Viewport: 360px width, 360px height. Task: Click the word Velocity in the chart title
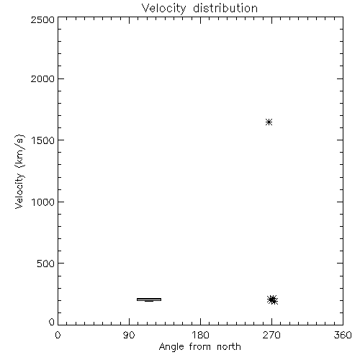163,9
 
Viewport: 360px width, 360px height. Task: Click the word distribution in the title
225,8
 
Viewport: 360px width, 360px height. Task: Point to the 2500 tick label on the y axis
42,19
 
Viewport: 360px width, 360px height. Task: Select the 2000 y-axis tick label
42,78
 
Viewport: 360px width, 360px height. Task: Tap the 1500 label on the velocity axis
43,140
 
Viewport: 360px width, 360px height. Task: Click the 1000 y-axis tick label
43,202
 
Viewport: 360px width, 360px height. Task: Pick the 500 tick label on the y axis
46,264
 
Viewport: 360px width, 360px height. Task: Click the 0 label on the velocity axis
52,322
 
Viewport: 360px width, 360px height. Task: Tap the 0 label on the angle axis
58,335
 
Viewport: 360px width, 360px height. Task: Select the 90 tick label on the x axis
129,335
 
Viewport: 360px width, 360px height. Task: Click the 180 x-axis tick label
200,335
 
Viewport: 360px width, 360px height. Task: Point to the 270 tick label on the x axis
271,335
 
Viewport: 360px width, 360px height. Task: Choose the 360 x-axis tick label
343,335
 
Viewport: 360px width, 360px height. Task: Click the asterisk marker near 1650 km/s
269,122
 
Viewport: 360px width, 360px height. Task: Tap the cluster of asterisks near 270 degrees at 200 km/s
272,300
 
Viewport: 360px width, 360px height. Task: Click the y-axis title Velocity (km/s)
19,171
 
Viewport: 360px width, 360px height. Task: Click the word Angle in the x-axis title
171,347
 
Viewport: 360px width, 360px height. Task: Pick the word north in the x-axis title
229,347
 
